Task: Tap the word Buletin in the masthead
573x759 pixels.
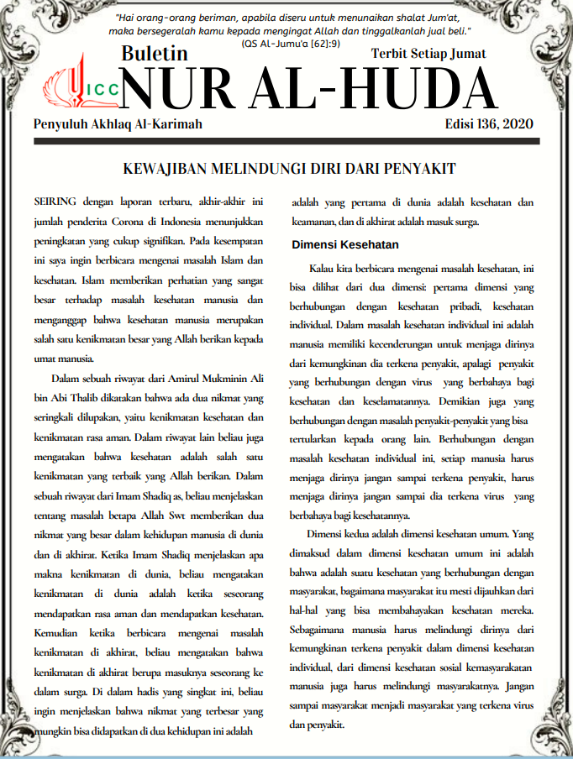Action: click(x=155, y=55)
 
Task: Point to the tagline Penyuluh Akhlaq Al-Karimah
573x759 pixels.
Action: click(x=118, y=123)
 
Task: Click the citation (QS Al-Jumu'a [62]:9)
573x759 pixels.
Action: click(x=289, y=43)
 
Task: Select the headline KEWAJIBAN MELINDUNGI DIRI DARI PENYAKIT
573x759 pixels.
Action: click(x=289, y=169)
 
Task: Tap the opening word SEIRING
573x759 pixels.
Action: click(x=56, y=203)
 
